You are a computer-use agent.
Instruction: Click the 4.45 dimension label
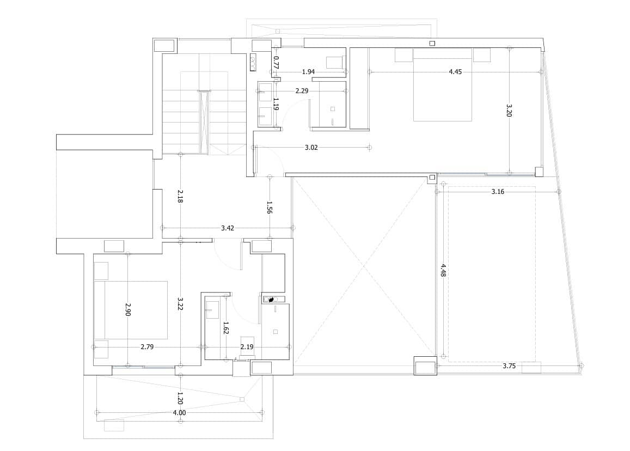pyautogui.click(x=455, y=72)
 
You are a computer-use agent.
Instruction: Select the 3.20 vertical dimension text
pyautogui.click(x=509, y=111)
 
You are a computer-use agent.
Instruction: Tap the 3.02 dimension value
pyautogui.click(x=311, y=148)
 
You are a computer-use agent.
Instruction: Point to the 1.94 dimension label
pyautogui.click(x=308, y=72)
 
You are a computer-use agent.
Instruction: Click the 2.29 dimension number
pyautogui.click(x=302, y=91)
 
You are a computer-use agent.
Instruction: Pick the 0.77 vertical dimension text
pyautogui.click(x=276, y=62)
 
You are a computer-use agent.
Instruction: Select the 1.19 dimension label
pyautogui.click(x=276, y=103)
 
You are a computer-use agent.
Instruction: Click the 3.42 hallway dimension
pyautogui.click(x=228, y=228)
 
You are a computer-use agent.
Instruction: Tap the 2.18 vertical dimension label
pyautogui.click(x=180, y=196)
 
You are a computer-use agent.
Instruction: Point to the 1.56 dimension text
pyautogui.click(x=270, y=208)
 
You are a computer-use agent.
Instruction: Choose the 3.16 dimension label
pyautogui.click(x=498, y=192)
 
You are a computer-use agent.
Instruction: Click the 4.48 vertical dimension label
pyautogui.click(x=443, y=271)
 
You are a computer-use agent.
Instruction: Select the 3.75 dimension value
pyautogui.click(x=509, y=366)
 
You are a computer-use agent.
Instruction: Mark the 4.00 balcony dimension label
pyautogui.click(x=179, y=413)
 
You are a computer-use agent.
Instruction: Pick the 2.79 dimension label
pyautogui.click(x=147, y=347)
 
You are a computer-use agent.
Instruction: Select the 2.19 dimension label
pyautogui.click(x=247, y=347)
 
